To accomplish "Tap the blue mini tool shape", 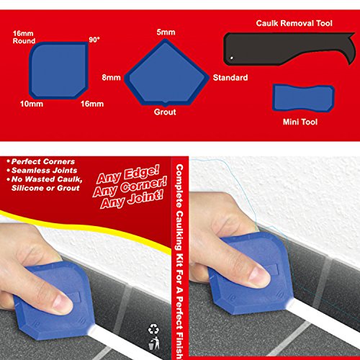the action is (303, 98).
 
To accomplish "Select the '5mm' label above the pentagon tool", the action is (166, 32).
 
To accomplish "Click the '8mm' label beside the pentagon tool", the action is (111, 78).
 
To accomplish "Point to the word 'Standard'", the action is (230, 78).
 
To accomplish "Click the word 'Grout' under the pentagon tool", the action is (165, 112).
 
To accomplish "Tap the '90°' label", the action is (94, 40).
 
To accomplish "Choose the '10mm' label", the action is (32, 104).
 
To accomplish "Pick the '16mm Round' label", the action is (24, 37).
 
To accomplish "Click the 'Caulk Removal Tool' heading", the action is (294, 23).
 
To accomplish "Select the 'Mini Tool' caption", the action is (300, 122).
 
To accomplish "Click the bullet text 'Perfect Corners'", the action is (43, 161).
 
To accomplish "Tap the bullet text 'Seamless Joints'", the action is (45, 171).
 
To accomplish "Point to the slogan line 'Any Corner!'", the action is (130, 187).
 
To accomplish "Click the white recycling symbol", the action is (153, 329).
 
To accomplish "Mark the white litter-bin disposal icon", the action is (154, 343).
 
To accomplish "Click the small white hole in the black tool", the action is (232, 58).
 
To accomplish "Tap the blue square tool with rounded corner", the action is (58, 71).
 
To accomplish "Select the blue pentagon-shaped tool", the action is (166, 73).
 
